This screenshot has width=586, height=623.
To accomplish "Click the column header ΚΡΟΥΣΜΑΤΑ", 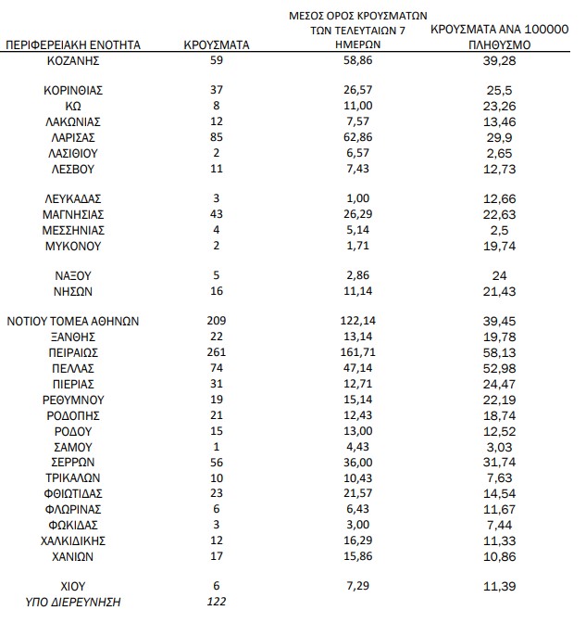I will click(x=218, y=44).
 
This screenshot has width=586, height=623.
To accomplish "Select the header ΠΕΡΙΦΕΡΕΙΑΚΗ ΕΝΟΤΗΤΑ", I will click(x=73, y=44).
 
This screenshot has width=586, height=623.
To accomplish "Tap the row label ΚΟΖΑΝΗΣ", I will click(x=73, y=60).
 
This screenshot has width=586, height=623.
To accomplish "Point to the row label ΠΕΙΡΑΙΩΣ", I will click(x=73, y=353).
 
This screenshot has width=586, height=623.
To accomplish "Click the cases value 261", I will click(x=218, y=353).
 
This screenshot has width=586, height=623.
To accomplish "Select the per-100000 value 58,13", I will click(x=499, y=353).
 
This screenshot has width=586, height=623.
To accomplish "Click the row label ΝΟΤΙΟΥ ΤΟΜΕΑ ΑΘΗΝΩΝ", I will click(x=73, y=321).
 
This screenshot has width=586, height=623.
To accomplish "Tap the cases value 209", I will click(x=218, y=321).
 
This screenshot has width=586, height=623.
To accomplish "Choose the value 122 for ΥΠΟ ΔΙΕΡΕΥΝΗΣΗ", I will click(x=218, y=603).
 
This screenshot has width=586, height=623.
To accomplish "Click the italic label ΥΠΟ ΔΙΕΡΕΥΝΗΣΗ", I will click(x=73, y=603).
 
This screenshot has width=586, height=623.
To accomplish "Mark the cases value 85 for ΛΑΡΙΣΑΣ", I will click(x=218, y=137).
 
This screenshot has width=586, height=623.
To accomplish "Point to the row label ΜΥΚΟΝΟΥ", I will click(x=73, y=247).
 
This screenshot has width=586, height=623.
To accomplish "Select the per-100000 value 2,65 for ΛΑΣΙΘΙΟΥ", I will click(x=499, y=153).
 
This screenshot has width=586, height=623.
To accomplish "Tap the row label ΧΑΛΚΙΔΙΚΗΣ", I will click(x=73, y=540).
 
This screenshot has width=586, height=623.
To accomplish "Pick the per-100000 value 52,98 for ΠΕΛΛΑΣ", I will click(x=499, y=368).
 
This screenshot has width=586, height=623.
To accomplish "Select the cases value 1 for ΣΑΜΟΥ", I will click(x=218, y=446).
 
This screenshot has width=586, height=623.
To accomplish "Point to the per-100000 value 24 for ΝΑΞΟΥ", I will click(x=499, y=275).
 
